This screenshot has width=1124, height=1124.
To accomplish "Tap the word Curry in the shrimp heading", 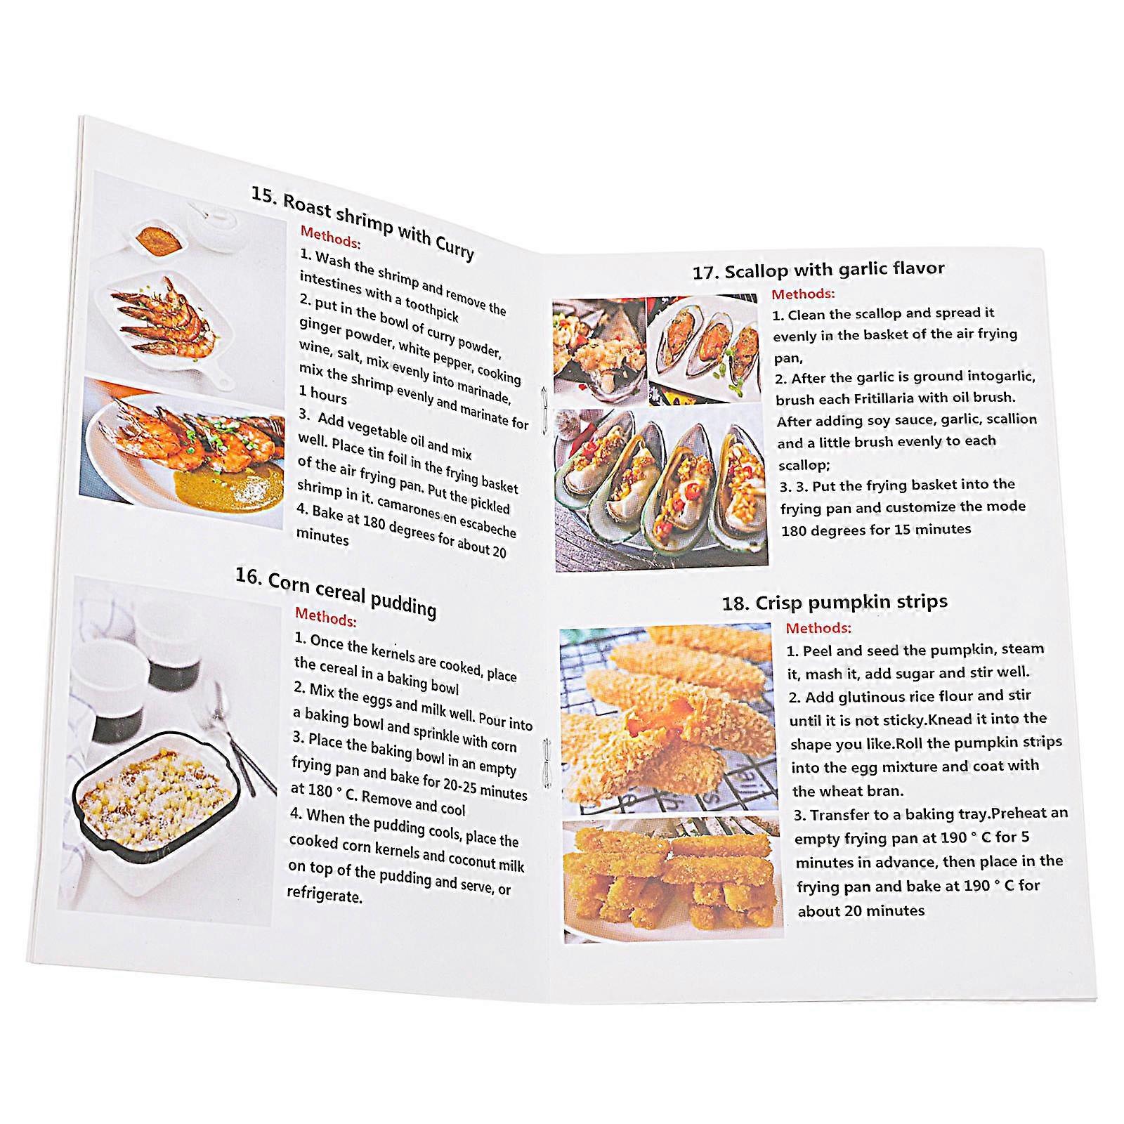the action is [454, 245].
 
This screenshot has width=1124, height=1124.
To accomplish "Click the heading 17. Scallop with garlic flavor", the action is [818, 270].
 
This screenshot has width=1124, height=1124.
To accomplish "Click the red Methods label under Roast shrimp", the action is [330, 237].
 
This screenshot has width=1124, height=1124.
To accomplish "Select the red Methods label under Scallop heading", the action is [803, 294].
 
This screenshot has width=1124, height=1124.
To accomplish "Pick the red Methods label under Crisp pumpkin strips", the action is [818, 628].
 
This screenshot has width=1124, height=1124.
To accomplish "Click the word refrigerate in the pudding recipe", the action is [324, 895].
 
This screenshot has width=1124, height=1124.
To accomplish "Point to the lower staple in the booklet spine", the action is [547, 764].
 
